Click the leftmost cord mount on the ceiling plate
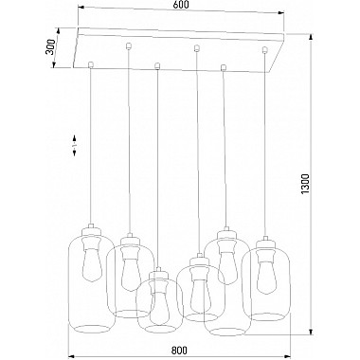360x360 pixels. coord(90,63)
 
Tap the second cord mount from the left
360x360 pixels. coord(126,46)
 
